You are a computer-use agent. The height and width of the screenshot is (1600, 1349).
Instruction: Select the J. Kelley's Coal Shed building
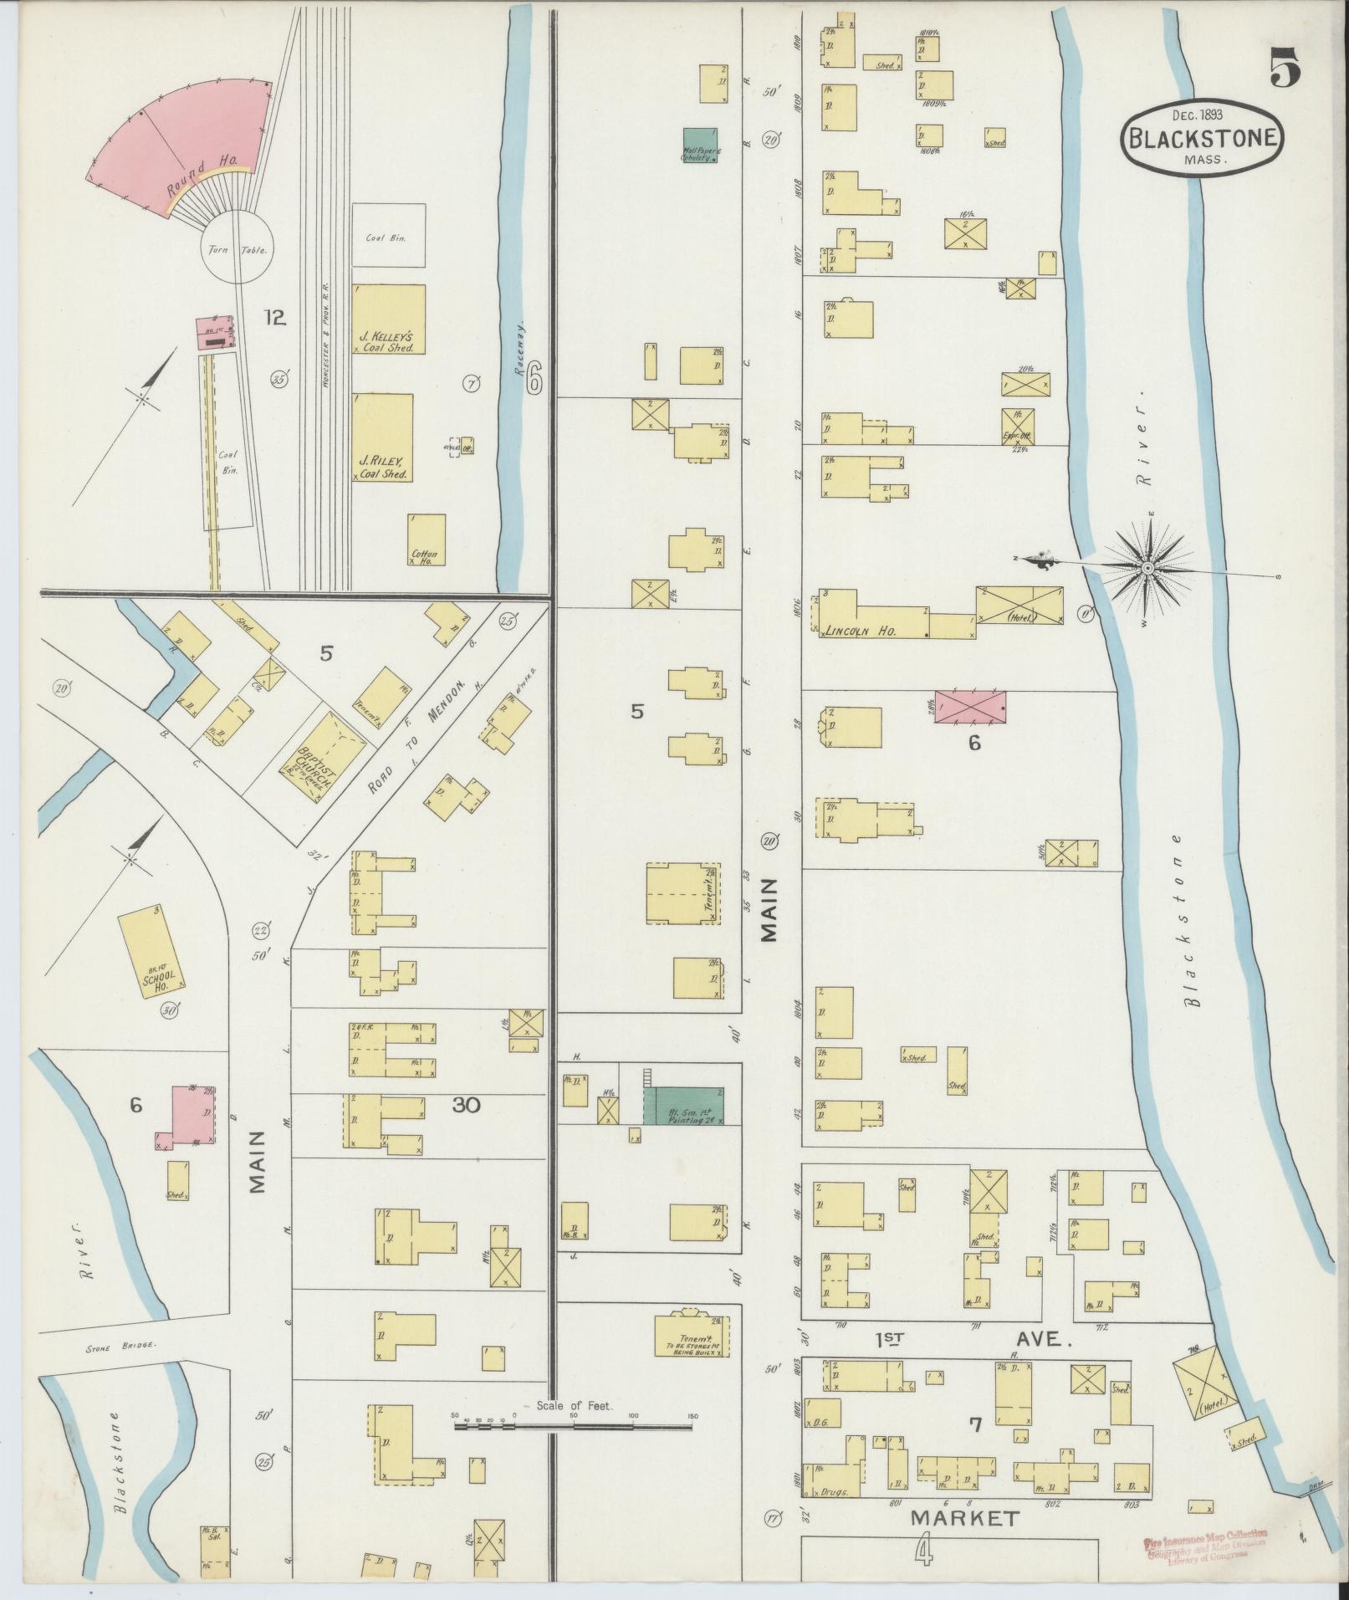click(x=388, y=319)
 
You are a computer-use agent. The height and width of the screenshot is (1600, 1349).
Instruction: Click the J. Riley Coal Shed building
click(x=381, y=437)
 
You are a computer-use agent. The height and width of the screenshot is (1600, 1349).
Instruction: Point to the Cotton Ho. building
click(x=426, y=540)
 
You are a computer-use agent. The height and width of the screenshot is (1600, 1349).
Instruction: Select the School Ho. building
click(x=152, y=951)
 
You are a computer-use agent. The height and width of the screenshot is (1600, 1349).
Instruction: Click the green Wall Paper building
click(x=699, y=145)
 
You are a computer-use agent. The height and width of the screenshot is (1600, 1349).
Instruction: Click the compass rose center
click(x=1148, y=569)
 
